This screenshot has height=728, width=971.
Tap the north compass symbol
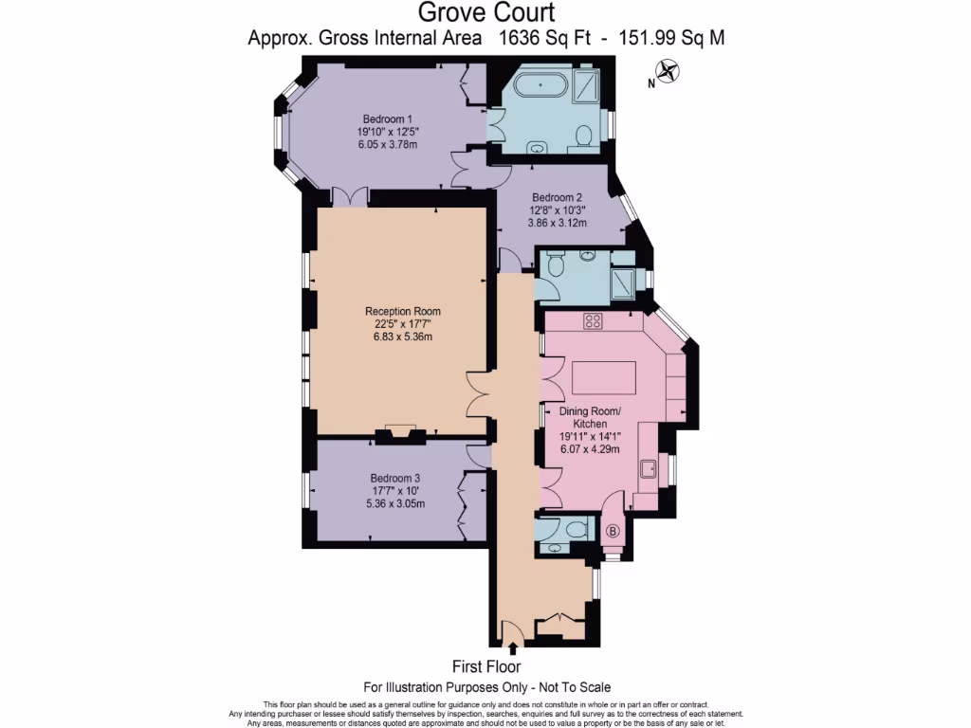pyautogui.click(x=669, y=70)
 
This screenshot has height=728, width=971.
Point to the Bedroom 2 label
pyautogui.click(x=557, y=197)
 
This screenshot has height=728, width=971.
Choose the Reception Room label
pyautogui.click(x=403, y=311)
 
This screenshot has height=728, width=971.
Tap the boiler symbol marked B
pyautogui.click(x=613, y=531)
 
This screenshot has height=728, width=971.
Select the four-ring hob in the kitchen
pyautogui.click(x=594, y=321)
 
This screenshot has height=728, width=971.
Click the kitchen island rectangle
pyautogui.click(x=596, y=378)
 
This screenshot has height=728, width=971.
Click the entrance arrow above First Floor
pyautogui.click(x=513, y=649)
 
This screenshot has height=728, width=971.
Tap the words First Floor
pyautogui.click(x=487, y=667)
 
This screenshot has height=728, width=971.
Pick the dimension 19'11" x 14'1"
pyautogui.click(x=590, y=437)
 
